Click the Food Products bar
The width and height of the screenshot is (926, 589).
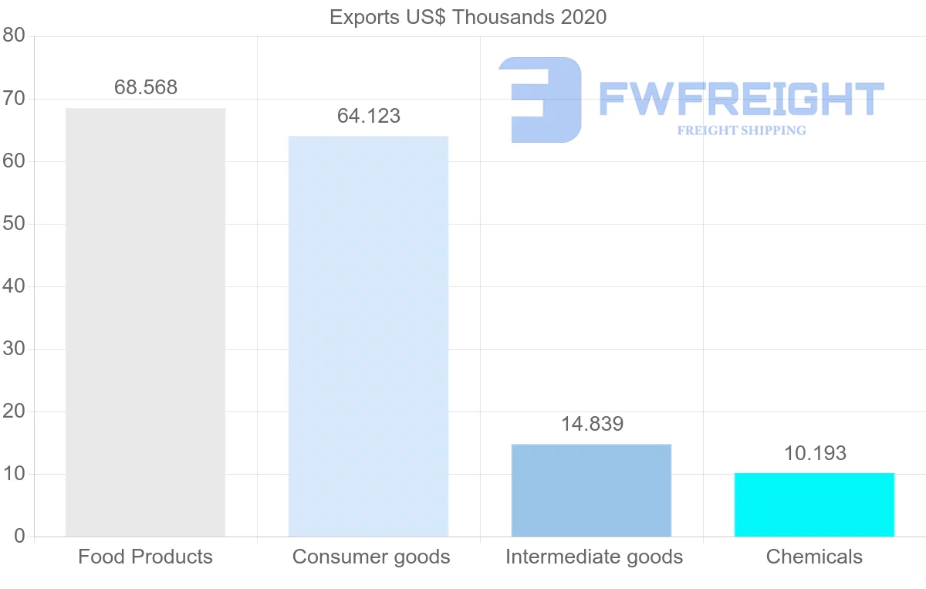click(x=145, y=322)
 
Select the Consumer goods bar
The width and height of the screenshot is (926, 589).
click(x=368, y=336)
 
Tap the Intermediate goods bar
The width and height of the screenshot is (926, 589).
click(x=591, y=490)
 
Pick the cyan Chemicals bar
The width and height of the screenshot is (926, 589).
click(x=814, y=504)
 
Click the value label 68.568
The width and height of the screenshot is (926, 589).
click(x=146, y=87)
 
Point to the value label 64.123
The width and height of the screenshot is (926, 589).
click(x=369, y=116)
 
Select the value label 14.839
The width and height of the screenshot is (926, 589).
click(x=592, y=424)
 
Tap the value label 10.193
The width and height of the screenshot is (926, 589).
click(x=815, y=453)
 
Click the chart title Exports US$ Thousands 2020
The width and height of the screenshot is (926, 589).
click(x=468, y=17)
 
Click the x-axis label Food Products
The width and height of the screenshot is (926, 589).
click(x=145, y=557)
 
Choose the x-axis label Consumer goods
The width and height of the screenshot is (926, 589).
click(x=371, y=557)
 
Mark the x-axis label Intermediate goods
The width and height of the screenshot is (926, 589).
click(x=594, y=557)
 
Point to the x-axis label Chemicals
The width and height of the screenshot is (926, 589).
click(x=814, y=557)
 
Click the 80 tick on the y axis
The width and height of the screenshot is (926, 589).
click(x=14, y=36)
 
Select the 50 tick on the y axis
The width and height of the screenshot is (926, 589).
click(x=14, y=224)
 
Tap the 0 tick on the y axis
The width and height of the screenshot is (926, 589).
click(x=19, y=537)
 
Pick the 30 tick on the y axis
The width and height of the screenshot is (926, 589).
click(x=14, y=349)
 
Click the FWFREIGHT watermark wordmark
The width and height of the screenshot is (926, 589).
click(x=741, y=100)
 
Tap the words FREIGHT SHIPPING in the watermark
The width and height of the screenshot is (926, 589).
click(x=742, y=130)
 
